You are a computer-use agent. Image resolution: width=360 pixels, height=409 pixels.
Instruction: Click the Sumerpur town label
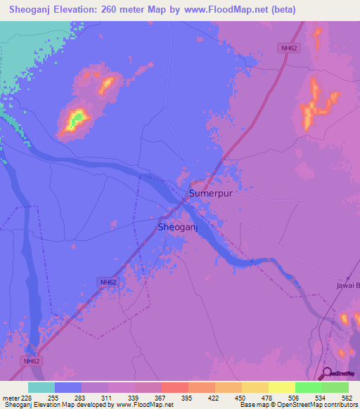click(210, 193)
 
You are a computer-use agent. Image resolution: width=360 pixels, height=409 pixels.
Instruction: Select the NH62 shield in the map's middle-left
click(108, 282)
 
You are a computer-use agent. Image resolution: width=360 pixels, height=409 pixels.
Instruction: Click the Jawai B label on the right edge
click(347, 285)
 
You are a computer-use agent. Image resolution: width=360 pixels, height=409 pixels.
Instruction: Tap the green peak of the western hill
click(77, 117)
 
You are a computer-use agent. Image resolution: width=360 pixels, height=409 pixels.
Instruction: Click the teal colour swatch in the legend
click(41, 387)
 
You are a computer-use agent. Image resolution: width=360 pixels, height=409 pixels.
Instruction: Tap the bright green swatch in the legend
click(309, 387)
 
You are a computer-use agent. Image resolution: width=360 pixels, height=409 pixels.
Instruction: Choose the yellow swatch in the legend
click(255, 387)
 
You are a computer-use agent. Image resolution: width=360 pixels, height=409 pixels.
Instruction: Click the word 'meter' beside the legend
click(11, 397)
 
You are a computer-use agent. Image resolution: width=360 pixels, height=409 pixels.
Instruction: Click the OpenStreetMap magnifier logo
click(326, 375)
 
